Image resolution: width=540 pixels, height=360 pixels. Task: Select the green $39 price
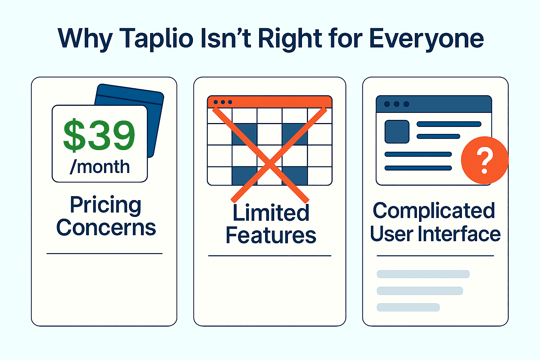click(99, 135)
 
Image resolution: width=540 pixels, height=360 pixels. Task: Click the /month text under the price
click(100, 167)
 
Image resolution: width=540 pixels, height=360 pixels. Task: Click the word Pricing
click(105, 205)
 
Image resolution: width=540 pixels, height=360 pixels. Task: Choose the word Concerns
click(106, 227)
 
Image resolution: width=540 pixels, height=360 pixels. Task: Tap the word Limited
click(271, 212)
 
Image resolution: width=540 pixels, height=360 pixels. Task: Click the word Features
click(271, 235)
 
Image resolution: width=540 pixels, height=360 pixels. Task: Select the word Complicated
click(434, 211)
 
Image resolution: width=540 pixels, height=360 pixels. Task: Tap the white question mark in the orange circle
click(484, 161)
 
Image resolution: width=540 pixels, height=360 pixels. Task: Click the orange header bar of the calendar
click(270, 102)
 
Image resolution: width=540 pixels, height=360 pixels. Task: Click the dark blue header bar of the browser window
click(434, 104)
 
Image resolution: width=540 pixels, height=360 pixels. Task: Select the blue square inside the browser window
click(397, 131)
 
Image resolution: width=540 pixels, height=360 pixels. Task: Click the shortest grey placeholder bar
click(408, 307)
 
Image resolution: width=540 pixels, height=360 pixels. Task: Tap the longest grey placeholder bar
click(423, 274)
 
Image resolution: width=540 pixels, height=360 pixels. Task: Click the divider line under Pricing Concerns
click(104, 253)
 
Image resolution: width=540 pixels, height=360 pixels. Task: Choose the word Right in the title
click(290, 39)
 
